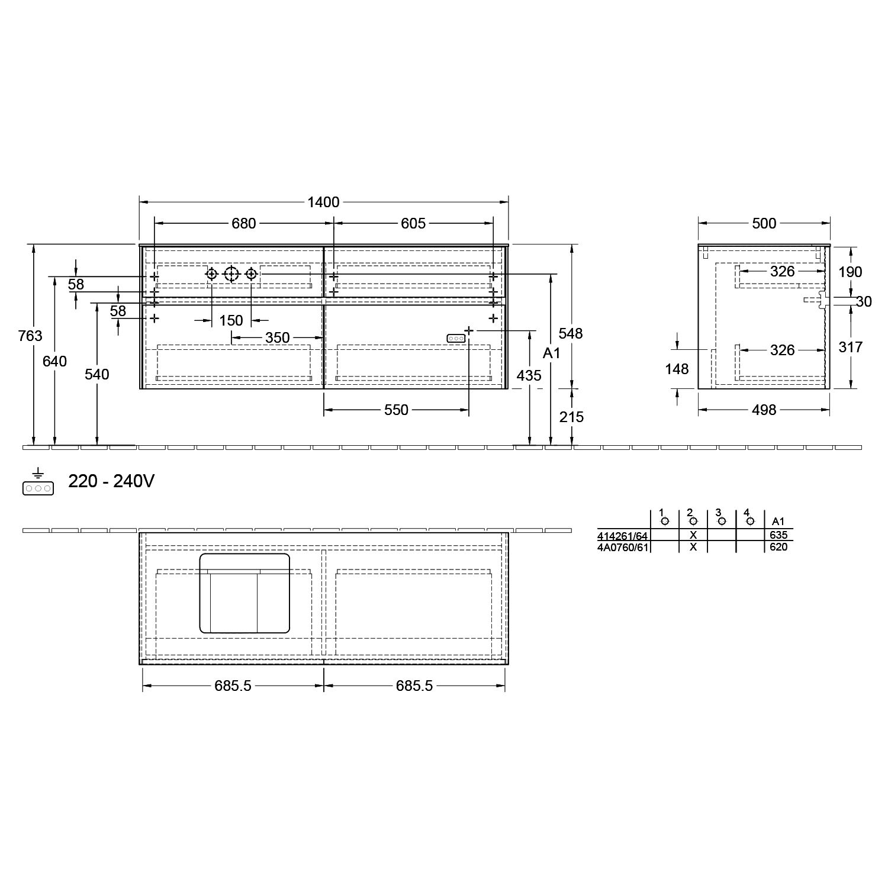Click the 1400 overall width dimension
[323, 202]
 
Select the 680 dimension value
[243, 223]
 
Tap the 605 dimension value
[413, 223]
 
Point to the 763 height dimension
[30, 336]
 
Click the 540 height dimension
[96, 374]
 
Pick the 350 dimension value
[277, 338]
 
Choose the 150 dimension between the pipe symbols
[231, 320]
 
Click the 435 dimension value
[529, 375]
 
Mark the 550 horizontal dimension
[396, 410]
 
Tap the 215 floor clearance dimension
[571, 417]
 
